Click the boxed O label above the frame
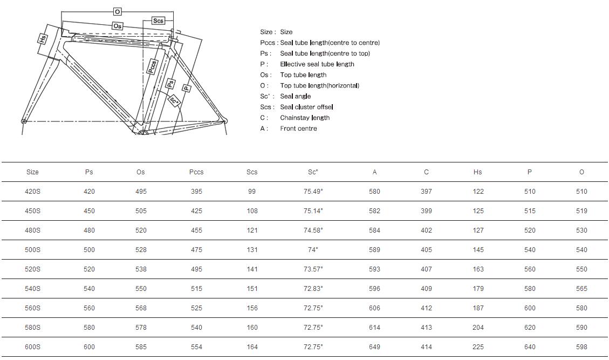click(x=118, y=11)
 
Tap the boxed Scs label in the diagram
click(x=158, y=21)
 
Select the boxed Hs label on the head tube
click(x=43, y=39)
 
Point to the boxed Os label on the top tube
click(x=118, y=26)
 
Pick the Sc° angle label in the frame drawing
click(x=174, y=100)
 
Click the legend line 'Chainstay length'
click(x=305, y=118)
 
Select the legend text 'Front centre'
click(x=298, y=128)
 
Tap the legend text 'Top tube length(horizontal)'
click(x=319, y=85)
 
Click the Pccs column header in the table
click(x=196, y=172)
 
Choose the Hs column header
click(x=477, y=172)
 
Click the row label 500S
click(x=32, y=250)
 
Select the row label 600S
click(x=32, y=347)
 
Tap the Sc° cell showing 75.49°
click(x=313, y=192)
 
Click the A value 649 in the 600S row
click(x=374, y=347)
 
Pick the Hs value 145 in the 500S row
click(x=478, y=250)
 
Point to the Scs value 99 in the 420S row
click(x=252, y=192)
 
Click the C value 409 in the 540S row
click(x=426, y=289)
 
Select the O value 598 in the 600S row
click(x=581, y=347)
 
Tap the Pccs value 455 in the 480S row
click(x=196, y=230)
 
